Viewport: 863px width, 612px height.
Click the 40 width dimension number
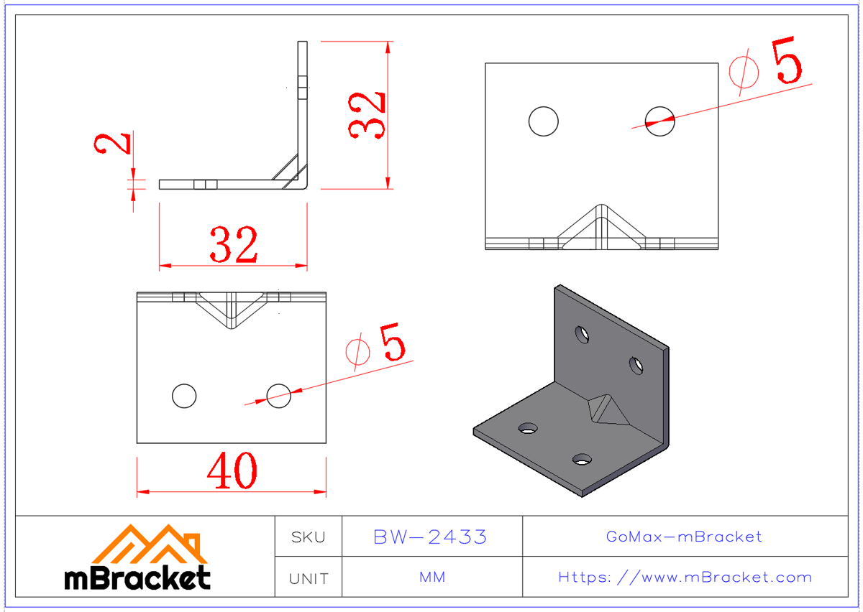point(232,472)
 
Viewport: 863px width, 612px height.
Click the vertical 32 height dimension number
point(367,114)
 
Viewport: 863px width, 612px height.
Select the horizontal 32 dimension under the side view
point(233,245)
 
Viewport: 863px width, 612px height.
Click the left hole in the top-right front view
point(543,121)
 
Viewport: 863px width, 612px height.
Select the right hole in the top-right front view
point(659,121)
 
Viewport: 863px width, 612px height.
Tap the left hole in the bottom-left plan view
point(184,395)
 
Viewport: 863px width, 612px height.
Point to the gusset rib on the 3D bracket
point(604,409)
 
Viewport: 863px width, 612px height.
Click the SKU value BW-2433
point(431,537)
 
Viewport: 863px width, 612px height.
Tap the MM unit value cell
point(431,577)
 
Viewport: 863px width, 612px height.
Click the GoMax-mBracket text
point(684,537)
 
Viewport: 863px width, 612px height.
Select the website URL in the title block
point(685,577)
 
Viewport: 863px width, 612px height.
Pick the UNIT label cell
point(308,578)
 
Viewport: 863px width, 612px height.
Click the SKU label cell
point(308,537)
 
